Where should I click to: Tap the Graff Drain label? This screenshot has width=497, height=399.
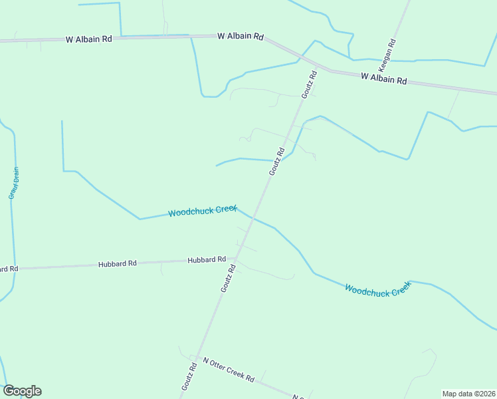[14, 183]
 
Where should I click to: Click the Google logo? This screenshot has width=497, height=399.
[22, 391]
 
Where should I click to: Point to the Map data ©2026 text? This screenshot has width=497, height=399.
[468, 394]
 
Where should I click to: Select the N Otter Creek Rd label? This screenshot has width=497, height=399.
[229, 370]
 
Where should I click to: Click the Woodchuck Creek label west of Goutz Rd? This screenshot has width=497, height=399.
[202, 211]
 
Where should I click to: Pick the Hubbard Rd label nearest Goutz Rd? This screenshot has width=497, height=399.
[207, 260]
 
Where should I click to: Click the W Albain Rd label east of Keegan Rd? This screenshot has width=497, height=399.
[383, 78]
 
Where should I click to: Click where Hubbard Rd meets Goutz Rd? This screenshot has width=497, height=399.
[234, 259]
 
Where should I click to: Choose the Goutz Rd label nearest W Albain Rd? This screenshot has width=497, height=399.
[309, 85]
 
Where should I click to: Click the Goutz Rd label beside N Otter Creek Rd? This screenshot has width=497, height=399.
[189, 376]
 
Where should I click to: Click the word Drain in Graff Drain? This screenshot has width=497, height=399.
[15, 175]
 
